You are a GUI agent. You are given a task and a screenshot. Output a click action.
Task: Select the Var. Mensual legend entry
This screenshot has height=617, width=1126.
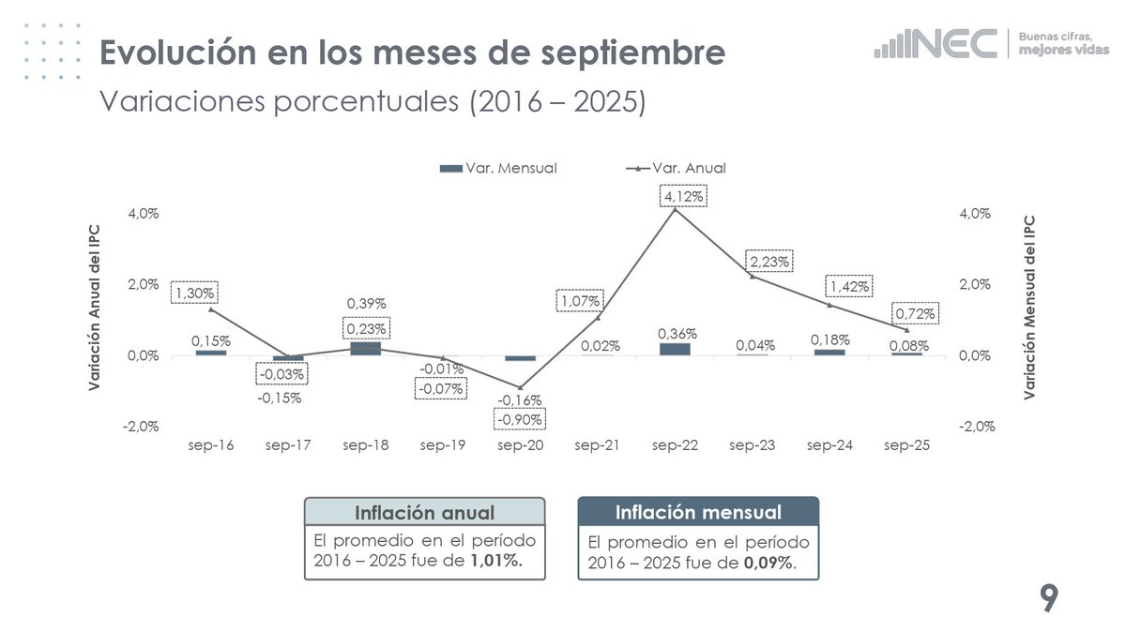pos(498,168)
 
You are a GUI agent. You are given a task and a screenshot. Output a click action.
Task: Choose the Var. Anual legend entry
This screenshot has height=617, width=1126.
pos(675,168)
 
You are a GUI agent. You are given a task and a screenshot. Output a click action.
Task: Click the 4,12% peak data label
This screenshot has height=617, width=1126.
pos(683,197)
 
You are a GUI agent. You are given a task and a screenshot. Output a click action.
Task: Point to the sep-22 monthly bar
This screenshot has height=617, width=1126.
pos(675,349)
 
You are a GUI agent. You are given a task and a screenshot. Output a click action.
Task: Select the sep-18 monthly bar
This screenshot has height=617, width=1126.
pos(365,349)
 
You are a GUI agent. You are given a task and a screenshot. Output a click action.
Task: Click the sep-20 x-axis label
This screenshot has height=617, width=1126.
pos(521,445)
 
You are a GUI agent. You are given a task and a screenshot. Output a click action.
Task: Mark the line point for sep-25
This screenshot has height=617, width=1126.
pos(906,330)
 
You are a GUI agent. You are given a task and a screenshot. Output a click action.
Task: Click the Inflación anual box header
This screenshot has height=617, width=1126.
pos(423,513)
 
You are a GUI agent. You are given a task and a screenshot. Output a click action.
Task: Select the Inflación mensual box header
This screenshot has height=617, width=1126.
pos(698,513)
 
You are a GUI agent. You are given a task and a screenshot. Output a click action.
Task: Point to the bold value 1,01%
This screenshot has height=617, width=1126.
pos(495,561)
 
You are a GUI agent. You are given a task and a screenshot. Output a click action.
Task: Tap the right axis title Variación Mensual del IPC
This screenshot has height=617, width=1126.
pos(1029,308)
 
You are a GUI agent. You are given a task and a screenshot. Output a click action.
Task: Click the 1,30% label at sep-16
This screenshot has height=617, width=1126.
pos(194,293)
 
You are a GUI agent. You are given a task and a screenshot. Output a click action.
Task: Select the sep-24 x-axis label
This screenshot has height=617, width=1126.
pos(829,445)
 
